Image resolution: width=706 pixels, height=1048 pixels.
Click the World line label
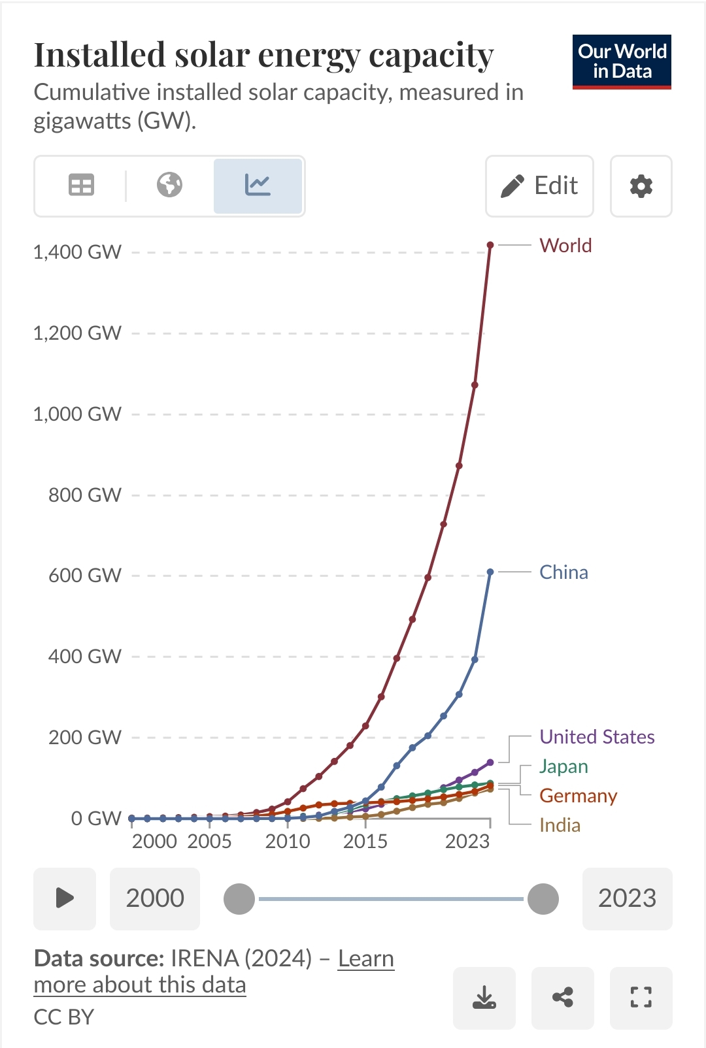coord(565,246)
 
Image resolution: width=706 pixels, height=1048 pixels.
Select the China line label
coord(563,572)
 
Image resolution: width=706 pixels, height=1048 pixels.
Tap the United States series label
coord(597,737)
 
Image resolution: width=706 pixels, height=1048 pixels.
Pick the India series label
coord(560,825)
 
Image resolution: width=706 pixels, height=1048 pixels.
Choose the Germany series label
coord(578,796)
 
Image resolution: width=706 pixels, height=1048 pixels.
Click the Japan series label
coord(563,766)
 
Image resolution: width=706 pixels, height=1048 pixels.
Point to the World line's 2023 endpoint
coord(490,245)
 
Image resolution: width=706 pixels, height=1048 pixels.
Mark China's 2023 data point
coord(490,572)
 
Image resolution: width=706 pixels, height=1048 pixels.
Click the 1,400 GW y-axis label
coord(77,252)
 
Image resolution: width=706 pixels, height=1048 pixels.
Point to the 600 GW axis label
coord(85,576)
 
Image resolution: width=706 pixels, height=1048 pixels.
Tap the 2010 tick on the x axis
coord(288,841)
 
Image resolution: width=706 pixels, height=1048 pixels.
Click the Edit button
coord(539,186)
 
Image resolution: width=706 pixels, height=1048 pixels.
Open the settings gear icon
coord(641,186)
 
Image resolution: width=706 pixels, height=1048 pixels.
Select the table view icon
coord(81,186)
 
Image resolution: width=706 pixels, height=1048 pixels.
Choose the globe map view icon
coord(169,186)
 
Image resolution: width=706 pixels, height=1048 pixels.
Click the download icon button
coord(484,998)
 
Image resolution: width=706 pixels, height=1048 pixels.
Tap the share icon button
coord(562,998)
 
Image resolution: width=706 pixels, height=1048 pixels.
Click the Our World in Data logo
coord(622,61)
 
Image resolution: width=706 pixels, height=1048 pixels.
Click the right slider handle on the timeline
coord(543,899)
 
